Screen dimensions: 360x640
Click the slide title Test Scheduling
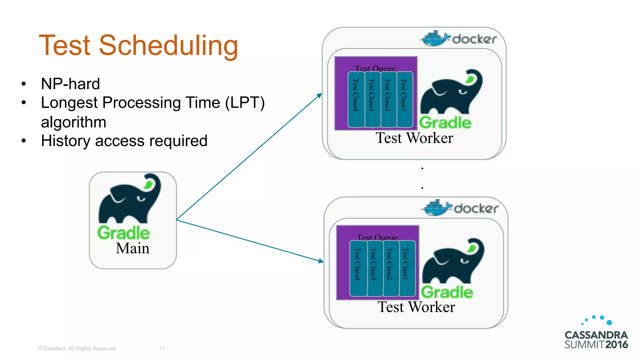tap(138, 46)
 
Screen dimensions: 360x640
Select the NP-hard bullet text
tap(70, 84)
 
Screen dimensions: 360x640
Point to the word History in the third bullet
tap(66, 141)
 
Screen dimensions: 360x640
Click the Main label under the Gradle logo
tap(132, 248)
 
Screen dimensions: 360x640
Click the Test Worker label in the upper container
tap(414, 138)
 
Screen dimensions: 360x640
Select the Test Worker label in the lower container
tap(416, 307)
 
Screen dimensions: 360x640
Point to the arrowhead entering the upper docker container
tap(320, 95)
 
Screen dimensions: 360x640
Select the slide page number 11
tap(162, 348)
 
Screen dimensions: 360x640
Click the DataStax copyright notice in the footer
tap(77, 348)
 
